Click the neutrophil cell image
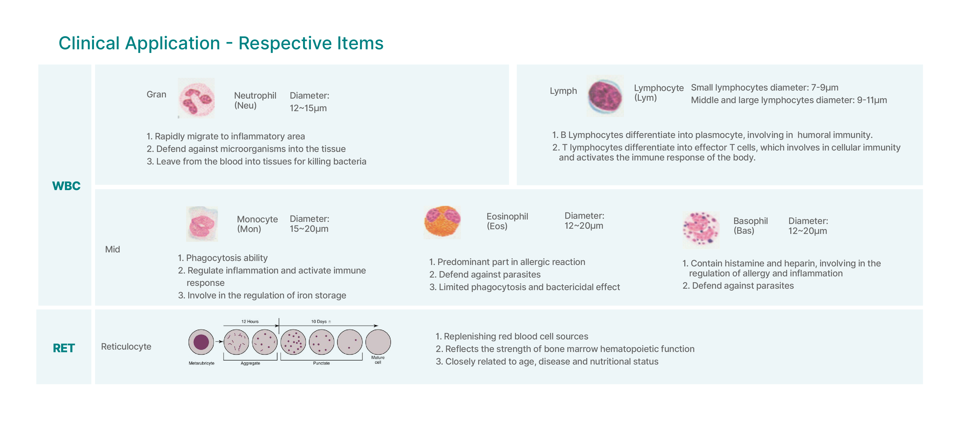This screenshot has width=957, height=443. pyautogui.click(x=196, y=98)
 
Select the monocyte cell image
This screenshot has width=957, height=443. pyautogui.click(x=202, y=224)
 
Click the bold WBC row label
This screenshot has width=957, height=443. pyautogui.click(x=66, y=186)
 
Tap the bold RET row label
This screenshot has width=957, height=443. pyautogui.click(x=64, y=348)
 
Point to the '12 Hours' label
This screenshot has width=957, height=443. pyautogui.click(x=250, y=322)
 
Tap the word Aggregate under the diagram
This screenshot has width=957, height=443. pyautogui.click(x=250, y=363)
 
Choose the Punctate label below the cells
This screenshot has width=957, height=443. pyautogui.click(x=321, y=363)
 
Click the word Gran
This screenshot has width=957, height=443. pyautogui.click(x=156, y=94)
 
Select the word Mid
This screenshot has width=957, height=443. pyautogui.click(x=113, y=249)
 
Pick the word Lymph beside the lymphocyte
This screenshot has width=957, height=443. pyautogui.click(x=563, y=91)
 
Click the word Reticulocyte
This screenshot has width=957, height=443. pyautogui.click(x=126, y=347)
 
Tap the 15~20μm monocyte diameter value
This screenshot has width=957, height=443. pyautogui.click(x=309, y=229)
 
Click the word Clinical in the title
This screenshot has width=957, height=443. pyautogui.click(x=90, y=43)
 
